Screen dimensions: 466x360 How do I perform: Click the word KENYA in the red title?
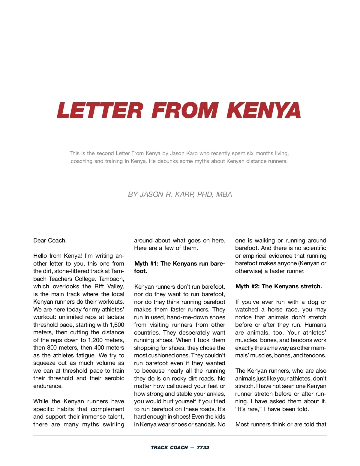[x=264, y=110]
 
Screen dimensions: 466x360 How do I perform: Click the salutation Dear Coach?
[x=50, y=240]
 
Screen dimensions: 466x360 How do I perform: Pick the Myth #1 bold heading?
[x=179, y=267]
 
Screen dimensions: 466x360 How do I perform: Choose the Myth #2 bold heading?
[x=279, y=286]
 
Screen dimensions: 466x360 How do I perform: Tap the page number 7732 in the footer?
[x=203, y=447]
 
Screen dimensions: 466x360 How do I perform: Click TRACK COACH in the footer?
[x=169, y=447]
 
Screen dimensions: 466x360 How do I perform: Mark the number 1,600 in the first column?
[x=117, y=325]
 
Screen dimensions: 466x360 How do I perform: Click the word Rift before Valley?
[x=99, y=286]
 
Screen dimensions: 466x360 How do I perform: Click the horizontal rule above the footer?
[x=180, y=435]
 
